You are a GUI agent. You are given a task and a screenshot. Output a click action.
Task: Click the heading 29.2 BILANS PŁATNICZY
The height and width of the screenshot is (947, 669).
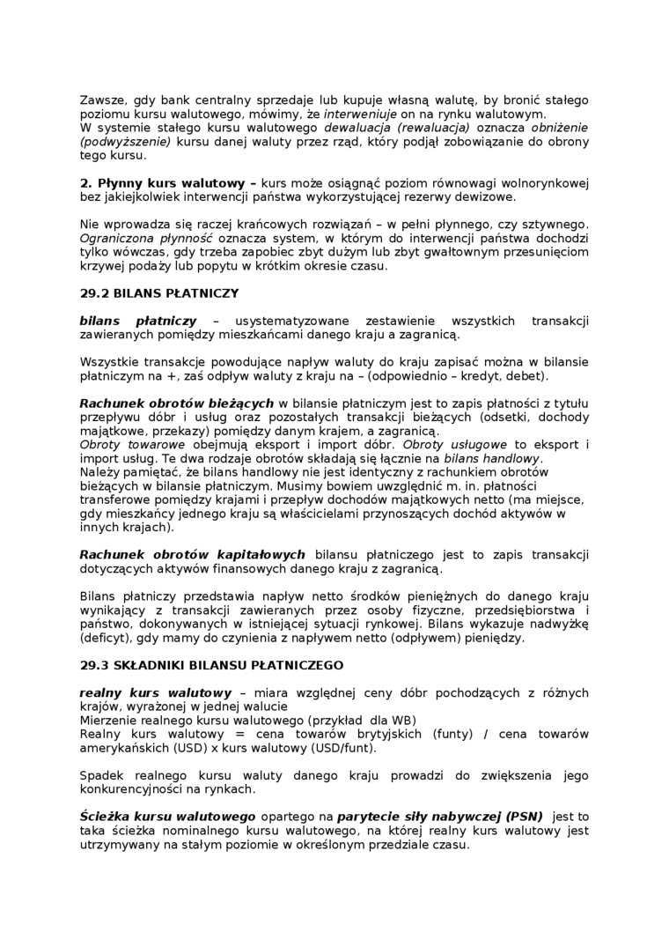point(158,292)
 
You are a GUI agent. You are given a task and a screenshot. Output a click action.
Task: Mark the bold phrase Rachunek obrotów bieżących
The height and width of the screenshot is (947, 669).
point(177,403)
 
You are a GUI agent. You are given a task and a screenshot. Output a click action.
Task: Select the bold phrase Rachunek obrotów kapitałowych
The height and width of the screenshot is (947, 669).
point(192,554)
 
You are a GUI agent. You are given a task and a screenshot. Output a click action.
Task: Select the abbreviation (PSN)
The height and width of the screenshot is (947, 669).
point(523,817)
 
